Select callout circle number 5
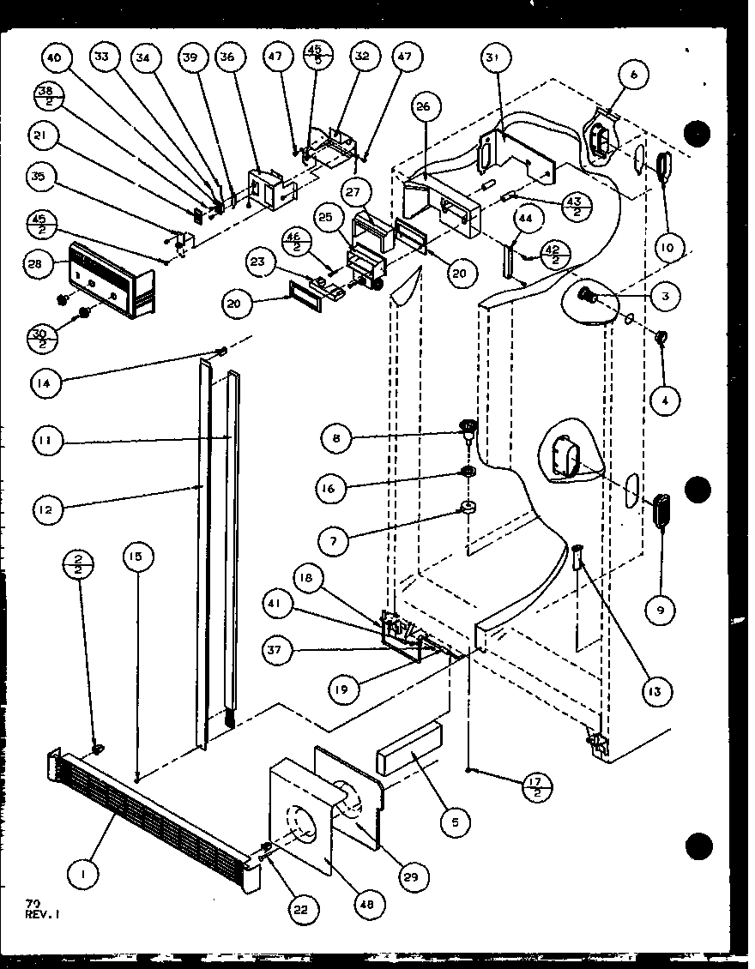click(455, 822)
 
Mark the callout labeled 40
click(55, 58)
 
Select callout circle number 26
click(427, 107)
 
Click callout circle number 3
click(665, 296)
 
